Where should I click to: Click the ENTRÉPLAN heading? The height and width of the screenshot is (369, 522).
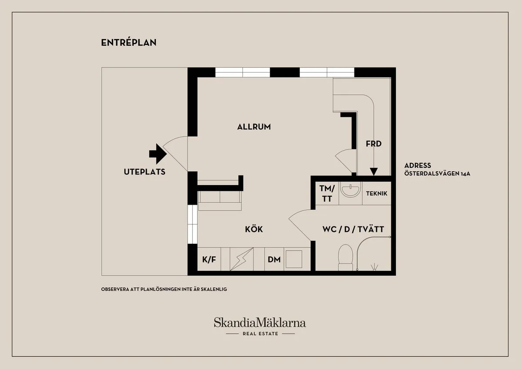tap(128, 43)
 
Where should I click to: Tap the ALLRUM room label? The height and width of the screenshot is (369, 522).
tap(254, 127)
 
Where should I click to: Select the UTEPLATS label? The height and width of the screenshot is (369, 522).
tap(144, 172)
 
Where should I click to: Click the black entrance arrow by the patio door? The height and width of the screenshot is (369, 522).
tap(158, 153)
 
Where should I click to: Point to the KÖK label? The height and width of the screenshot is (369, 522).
tap(254, 229)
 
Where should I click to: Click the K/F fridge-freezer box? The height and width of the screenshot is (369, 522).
tap(209, 259)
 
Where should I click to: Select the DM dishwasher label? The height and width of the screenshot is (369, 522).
tap(274, 259)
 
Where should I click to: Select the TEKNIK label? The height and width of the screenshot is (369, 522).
tap(376, 194)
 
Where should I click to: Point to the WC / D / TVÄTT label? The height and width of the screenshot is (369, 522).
tap(353, 229)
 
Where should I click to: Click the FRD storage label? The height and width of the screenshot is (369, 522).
tap(373, 143)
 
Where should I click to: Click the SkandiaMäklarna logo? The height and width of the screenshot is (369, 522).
tap(260, 322)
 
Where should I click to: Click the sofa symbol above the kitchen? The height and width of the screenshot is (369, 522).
tap(220, 200)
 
